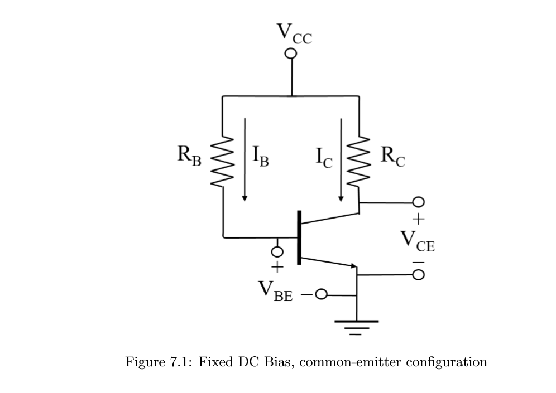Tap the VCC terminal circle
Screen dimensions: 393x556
point(290,54)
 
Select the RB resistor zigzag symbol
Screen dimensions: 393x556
point(222,163)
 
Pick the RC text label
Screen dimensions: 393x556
point(392,156)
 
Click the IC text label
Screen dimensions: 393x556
point(324,159)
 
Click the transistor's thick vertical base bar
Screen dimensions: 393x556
point(299,237)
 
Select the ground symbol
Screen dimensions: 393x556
point(356,327)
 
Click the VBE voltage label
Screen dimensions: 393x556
point(274,290)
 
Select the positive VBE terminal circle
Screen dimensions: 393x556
point(277,251)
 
